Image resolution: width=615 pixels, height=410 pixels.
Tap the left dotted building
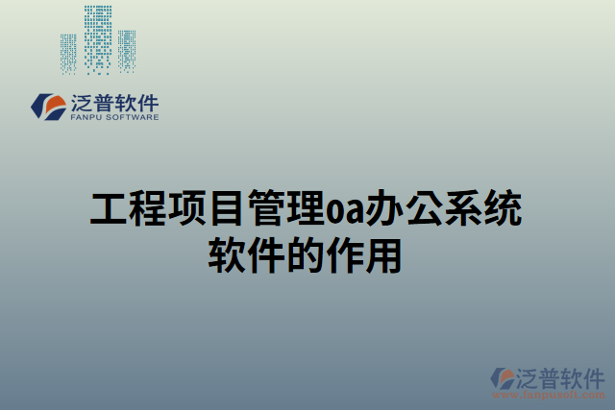click(68, 53)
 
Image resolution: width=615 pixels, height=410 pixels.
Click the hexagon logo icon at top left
click(47, 107)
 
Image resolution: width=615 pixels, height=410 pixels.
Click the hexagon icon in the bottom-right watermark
click(503, 376)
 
